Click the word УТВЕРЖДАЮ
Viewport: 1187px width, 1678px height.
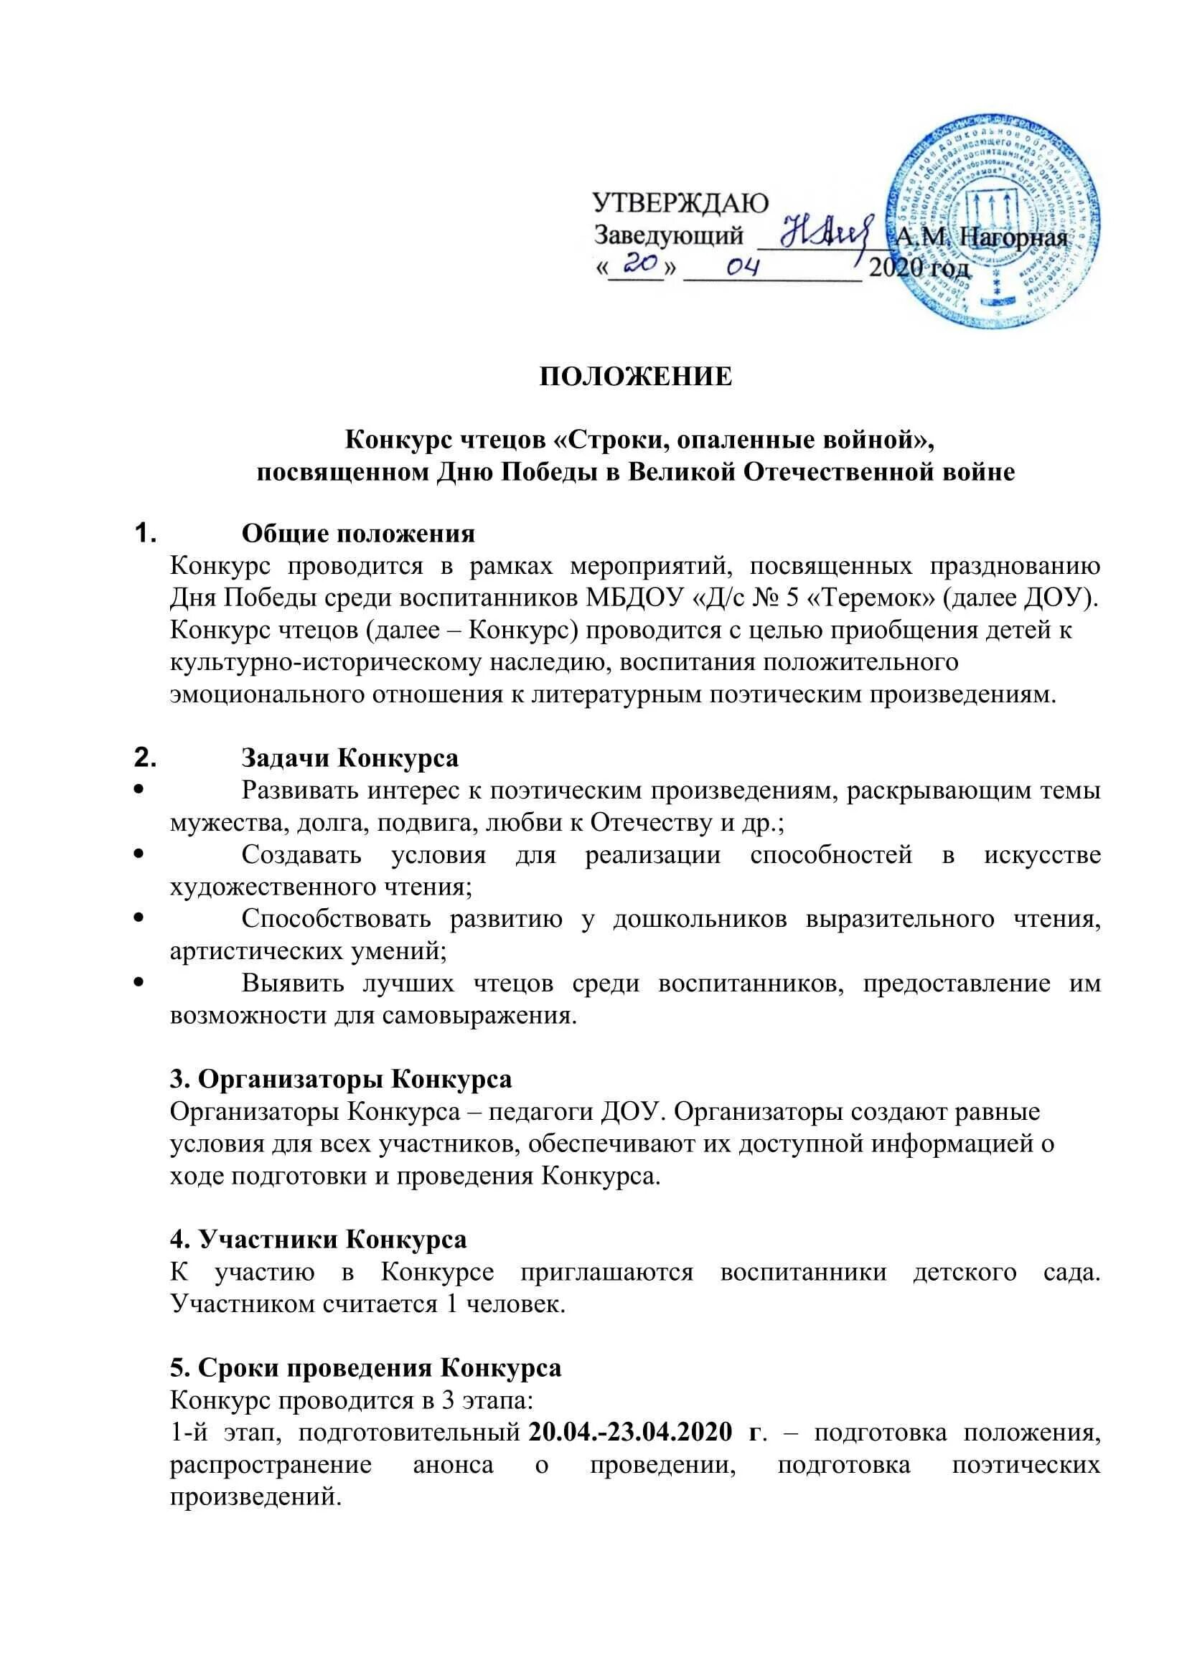[679, 202]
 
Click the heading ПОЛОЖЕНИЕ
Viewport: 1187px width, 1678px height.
[635, 377]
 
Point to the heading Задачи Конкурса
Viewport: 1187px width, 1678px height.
[350, 758]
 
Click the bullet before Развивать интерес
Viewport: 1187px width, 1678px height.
[141, 790]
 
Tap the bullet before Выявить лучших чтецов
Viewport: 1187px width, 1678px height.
[141, 983]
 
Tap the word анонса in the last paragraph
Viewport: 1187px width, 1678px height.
[453, 1465]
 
